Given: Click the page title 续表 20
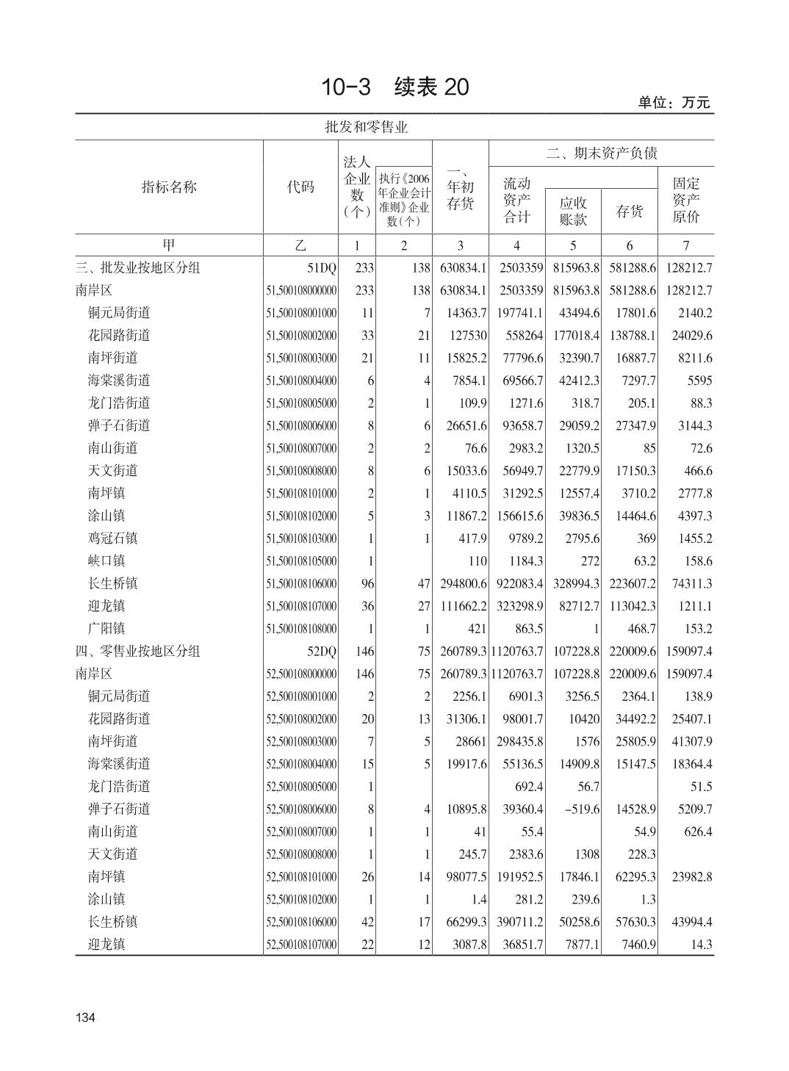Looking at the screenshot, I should (x=394, y=87).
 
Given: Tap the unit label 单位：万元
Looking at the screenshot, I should (x=674, y=103).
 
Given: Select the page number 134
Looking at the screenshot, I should (x=85, y=1017).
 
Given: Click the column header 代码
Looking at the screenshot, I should (x=300, y=187).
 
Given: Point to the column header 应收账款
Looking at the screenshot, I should (x=573, y=211).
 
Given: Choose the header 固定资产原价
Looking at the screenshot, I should (x=685, y=199).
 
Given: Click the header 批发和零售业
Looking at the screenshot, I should (x=366, y=127).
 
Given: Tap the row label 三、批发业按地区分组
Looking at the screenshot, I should (x=137, y=267).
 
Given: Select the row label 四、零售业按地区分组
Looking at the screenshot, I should (x=137, y=651).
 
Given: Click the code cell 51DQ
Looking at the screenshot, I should (x=321, y=267).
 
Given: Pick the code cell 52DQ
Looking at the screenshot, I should (x=321, y=651).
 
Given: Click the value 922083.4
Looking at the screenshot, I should (x=518, y=584).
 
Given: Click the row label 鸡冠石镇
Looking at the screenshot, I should (x=112, y=538).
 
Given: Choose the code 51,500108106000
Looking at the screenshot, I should (x=301, y=584).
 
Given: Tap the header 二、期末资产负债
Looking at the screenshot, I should (x=601, y=153).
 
